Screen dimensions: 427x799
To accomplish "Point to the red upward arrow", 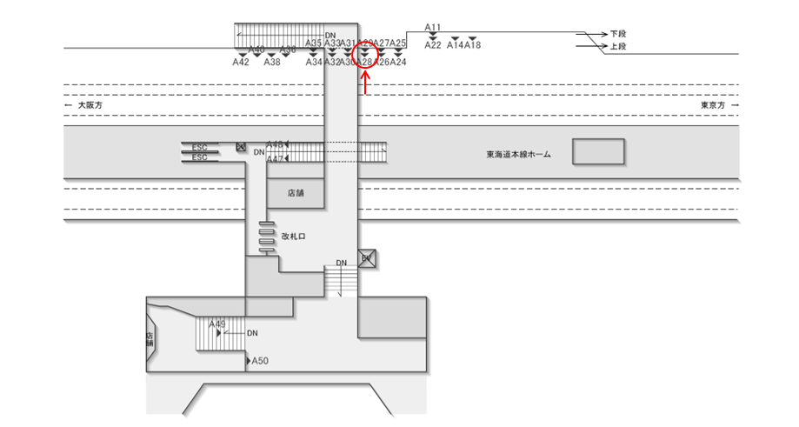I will (x=367, y=83).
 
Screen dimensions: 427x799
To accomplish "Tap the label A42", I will (x=241, y=63).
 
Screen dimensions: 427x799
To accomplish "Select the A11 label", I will (x=433, y=28).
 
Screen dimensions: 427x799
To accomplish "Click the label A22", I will (x=433, y=45).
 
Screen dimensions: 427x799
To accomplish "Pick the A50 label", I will (x=260, y=360).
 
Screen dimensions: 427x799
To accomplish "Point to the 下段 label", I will (x=618, y=34).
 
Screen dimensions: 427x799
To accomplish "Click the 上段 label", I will (x=618, y=46).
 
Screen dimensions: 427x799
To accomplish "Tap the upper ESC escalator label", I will (x=199, y=147).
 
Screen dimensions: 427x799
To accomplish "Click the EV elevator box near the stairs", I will (x=367, y=259).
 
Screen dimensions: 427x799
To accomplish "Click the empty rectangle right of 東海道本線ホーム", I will (x=597, y=152).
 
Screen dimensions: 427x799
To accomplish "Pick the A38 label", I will (x=272, y=63).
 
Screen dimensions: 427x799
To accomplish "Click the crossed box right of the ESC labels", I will (x=242, y=147).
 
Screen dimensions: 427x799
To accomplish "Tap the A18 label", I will (x=473, y=45).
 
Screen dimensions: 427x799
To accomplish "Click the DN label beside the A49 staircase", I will (x=252, y=332).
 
